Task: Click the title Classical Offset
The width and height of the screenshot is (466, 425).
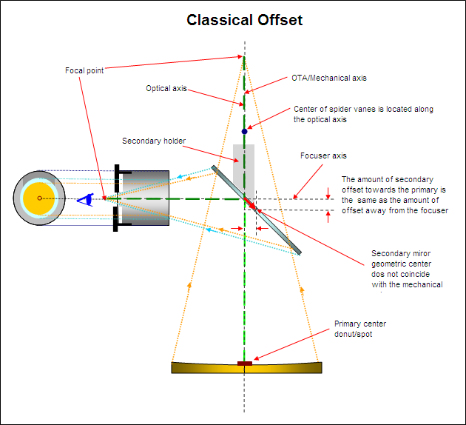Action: click(244, 20)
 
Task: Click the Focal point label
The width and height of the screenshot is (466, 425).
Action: click(84, 71)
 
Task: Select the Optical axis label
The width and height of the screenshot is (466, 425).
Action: click(166, 89)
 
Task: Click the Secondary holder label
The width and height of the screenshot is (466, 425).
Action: click(154, 141)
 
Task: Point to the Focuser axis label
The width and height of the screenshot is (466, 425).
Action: click(323, 156)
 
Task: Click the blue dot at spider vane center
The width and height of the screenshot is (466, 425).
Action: click(244, 131)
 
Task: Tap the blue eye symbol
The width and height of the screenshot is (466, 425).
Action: click(87, 198)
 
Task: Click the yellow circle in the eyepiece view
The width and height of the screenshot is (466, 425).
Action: click(39, 198)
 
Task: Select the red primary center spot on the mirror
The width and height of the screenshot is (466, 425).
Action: click(244, 363)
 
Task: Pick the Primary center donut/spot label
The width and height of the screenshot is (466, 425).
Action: click(360, 328)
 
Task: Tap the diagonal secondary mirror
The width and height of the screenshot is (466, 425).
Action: click(274, 222)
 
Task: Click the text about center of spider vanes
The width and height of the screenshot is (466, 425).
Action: click(362, 114)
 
